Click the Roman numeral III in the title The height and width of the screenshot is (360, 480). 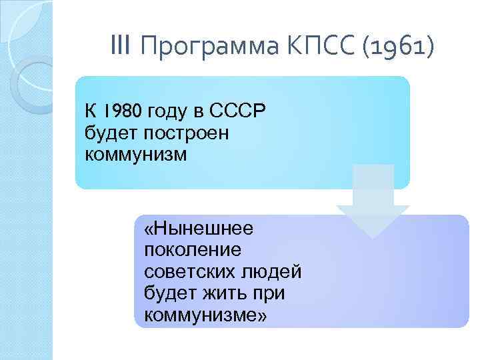pos(122,47)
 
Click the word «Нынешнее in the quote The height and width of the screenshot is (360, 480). pos(198,229)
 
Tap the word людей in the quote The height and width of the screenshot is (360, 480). pos(276,272)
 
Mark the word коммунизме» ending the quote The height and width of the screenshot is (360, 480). pos(205,314)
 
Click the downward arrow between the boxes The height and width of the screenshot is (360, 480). pos(373,200)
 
